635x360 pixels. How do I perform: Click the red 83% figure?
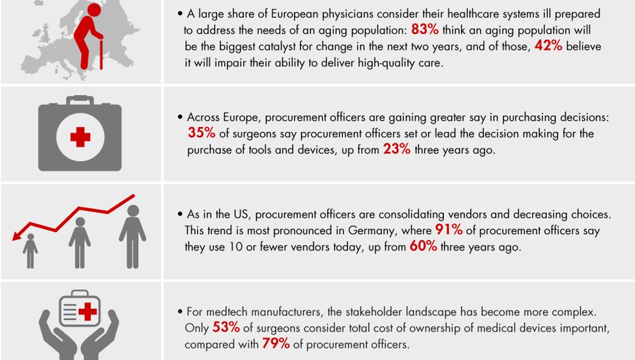[x=425, y=30]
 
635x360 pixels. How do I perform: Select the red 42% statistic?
[x=549, y=46]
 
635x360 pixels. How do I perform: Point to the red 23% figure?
[x=397, y=149]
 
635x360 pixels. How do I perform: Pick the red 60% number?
[x=423, y=246]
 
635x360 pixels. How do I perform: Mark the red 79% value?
[x=275, y=344]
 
